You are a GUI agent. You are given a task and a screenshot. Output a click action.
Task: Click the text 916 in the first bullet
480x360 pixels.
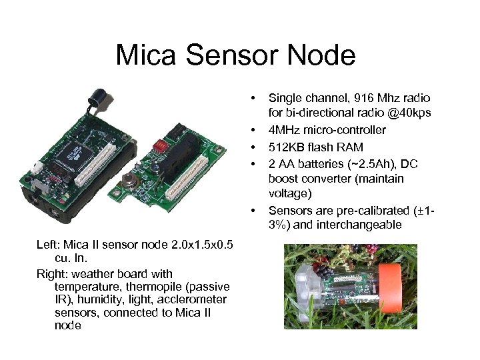(357, 98)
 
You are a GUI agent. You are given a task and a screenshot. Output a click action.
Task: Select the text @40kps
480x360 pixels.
(410, 114)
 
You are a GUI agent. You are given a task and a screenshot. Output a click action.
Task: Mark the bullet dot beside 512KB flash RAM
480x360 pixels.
(254, 147)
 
